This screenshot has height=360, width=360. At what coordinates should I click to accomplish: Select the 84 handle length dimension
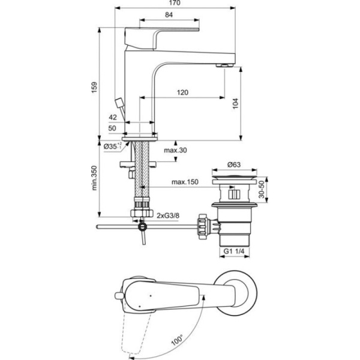click(x=169, y=15)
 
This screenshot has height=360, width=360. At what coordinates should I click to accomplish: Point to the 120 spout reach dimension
click(x=183, y=92)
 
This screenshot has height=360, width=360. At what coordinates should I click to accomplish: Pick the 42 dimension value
click(x=112, y=118)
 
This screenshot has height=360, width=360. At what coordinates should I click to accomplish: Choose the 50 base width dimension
click(x=112, y=128)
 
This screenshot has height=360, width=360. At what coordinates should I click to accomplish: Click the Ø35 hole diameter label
click(x=112, y=146)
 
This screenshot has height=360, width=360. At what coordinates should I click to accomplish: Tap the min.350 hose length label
click(x=94, y=178)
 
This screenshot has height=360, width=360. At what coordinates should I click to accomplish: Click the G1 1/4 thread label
click(x=235, y=251)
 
